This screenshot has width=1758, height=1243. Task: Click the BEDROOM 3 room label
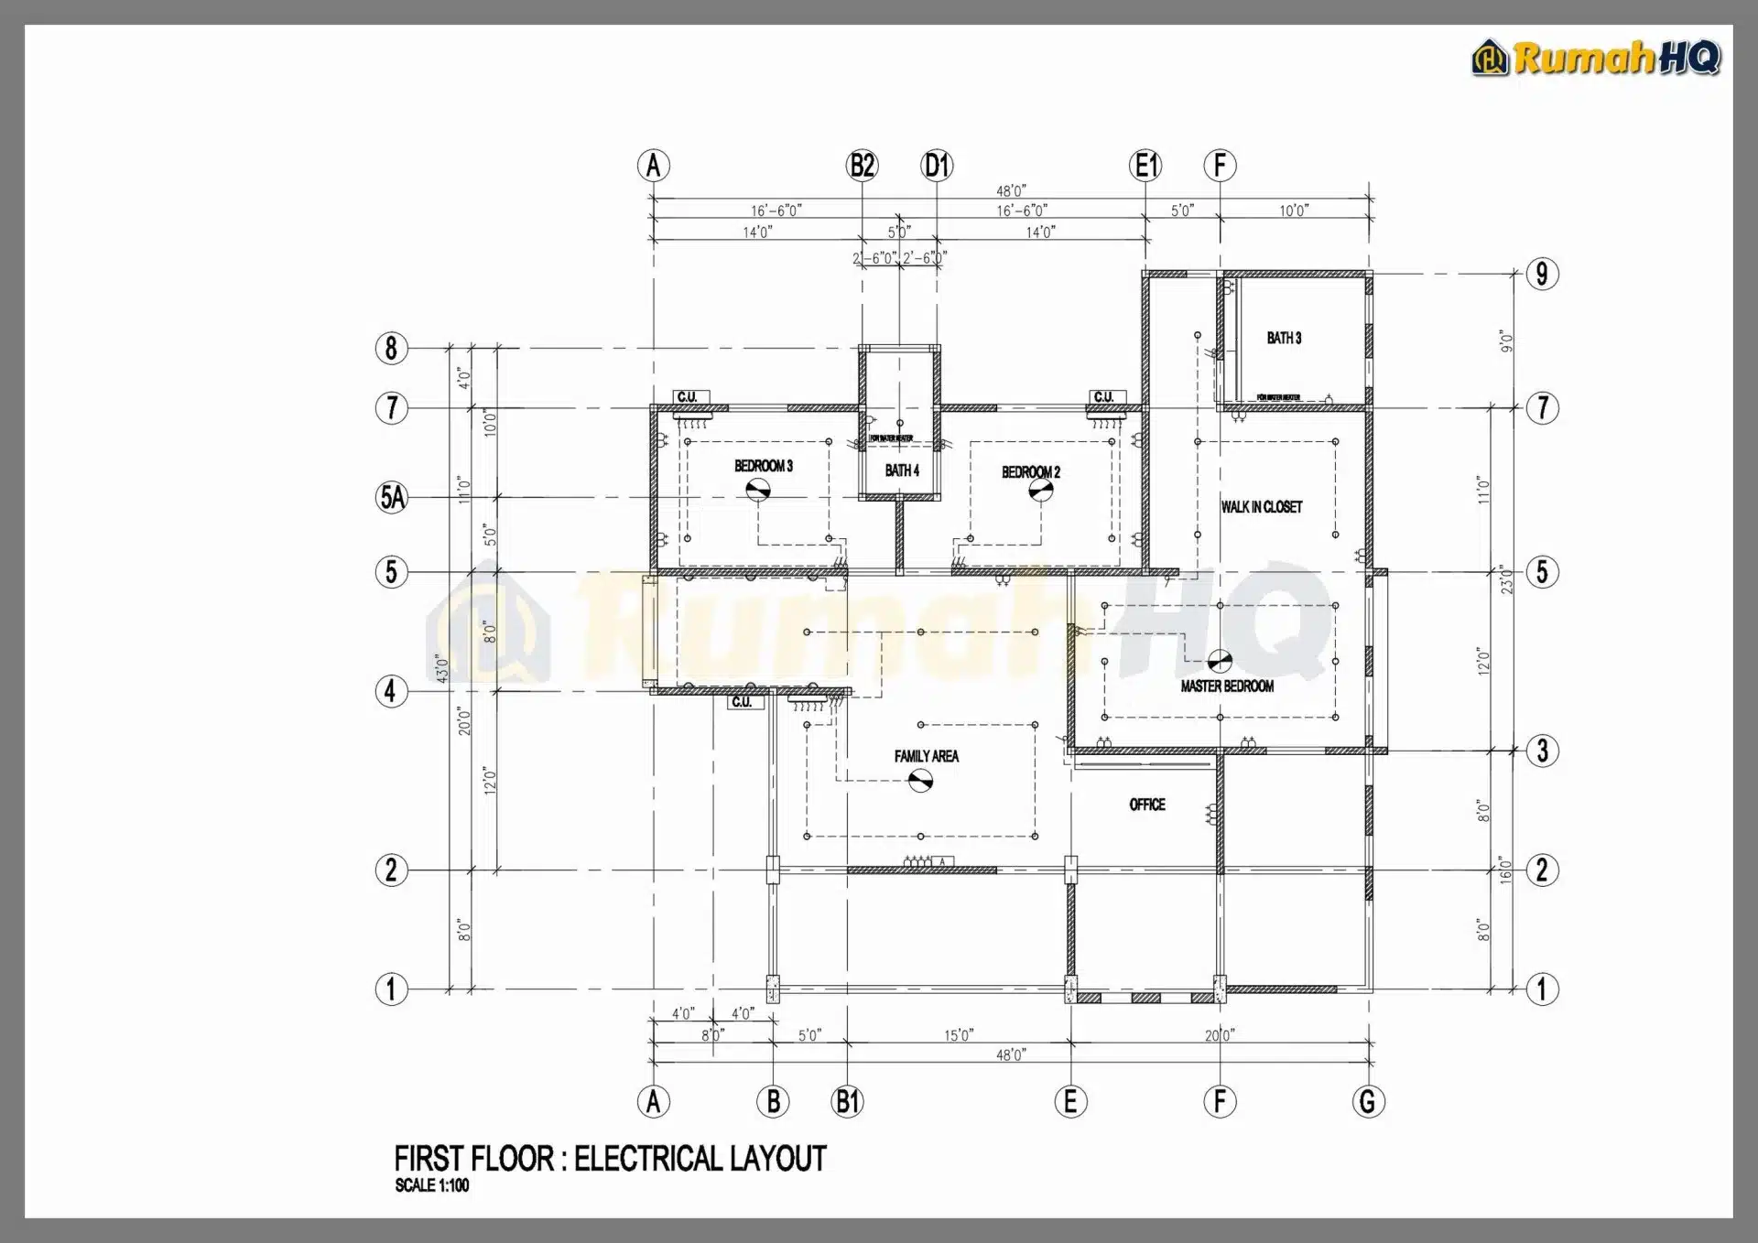coord(764,467)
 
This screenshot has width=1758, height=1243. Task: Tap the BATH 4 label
coord(902,470)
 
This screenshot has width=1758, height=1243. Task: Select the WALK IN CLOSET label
coord(1261,507)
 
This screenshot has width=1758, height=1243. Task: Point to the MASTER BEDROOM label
coord(1227,686)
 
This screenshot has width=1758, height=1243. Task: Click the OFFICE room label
coord(1147,805)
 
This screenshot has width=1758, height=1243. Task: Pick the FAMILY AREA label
coord(927,756)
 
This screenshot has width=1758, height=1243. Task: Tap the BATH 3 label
coord(1284,339)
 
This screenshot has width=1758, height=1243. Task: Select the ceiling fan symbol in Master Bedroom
coord(1220,660)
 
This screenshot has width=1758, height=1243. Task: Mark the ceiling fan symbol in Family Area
coord(920,781)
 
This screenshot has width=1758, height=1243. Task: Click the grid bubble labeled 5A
coord(392,497)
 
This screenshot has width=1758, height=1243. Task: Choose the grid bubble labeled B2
coord(863,166)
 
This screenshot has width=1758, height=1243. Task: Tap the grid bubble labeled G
coord(1369,1101)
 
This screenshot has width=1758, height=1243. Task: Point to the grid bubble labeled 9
coord(1543,274)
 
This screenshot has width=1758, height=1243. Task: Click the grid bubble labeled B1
coord(848,1101)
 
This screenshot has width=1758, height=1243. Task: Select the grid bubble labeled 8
coord(392,348)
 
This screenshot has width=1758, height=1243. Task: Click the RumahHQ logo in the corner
coord(1597,59)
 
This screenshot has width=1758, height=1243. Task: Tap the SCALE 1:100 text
coord(432,1185)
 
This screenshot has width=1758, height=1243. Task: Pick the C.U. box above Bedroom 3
coord(688,397)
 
